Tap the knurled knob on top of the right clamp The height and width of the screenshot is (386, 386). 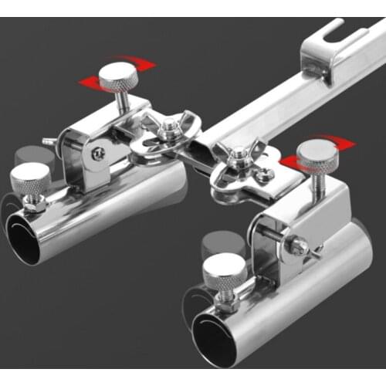[317, 153]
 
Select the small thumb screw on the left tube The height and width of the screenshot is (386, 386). [30, 179]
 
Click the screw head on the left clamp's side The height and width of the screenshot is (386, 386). [98, 153]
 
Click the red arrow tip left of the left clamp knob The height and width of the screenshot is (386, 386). [83, 80]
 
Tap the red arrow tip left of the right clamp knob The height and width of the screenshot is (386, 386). [283, 162]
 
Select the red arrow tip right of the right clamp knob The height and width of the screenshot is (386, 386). [351, 144]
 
